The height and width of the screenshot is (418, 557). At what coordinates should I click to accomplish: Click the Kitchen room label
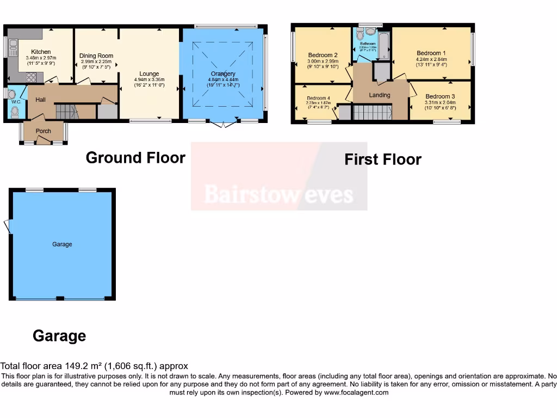point(41,52)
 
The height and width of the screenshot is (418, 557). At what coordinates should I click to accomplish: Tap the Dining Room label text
point(96,56)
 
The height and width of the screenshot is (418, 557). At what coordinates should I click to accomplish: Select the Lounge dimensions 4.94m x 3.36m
point(148,79)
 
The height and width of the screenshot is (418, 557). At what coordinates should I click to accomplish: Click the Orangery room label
point(223,73)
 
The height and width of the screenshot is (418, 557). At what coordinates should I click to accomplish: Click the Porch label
point(43,131)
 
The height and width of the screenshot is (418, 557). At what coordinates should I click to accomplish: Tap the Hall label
point(41,100)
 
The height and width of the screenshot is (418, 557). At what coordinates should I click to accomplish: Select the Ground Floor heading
point(135,158)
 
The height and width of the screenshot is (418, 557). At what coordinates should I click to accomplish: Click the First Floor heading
point(383,159)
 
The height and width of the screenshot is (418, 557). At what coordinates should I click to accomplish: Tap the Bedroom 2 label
point(323,55)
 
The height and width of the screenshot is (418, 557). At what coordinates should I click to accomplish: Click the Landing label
point(380,95)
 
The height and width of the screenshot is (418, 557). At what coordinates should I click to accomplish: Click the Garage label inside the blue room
point(62,244)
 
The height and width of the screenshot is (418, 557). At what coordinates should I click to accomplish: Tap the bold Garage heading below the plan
point(59,336)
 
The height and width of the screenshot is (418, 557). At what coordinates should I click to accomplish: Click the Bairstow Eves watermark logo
point(278,194)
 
